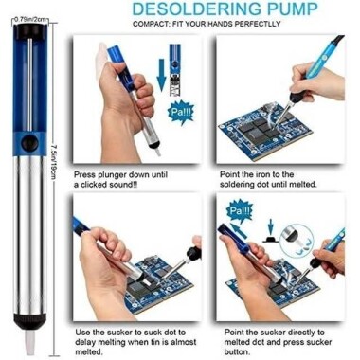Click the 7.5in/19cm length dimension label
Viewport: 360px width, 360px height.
[x=58, y=180]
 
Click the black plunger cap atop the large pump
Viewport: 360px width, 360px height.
[x=29, y=36]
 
